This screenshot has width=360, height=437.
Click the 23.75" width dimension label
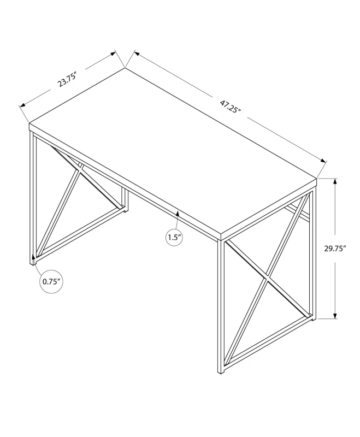[x=66, y=80]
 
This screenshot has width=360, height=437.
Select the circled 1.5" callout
[x=174, y=237]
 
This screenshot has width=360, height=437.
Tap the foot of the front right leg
[x=221, y=372]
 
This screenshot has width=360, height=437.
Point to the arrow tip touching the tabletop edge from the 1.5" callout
[x=178, y=209]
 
